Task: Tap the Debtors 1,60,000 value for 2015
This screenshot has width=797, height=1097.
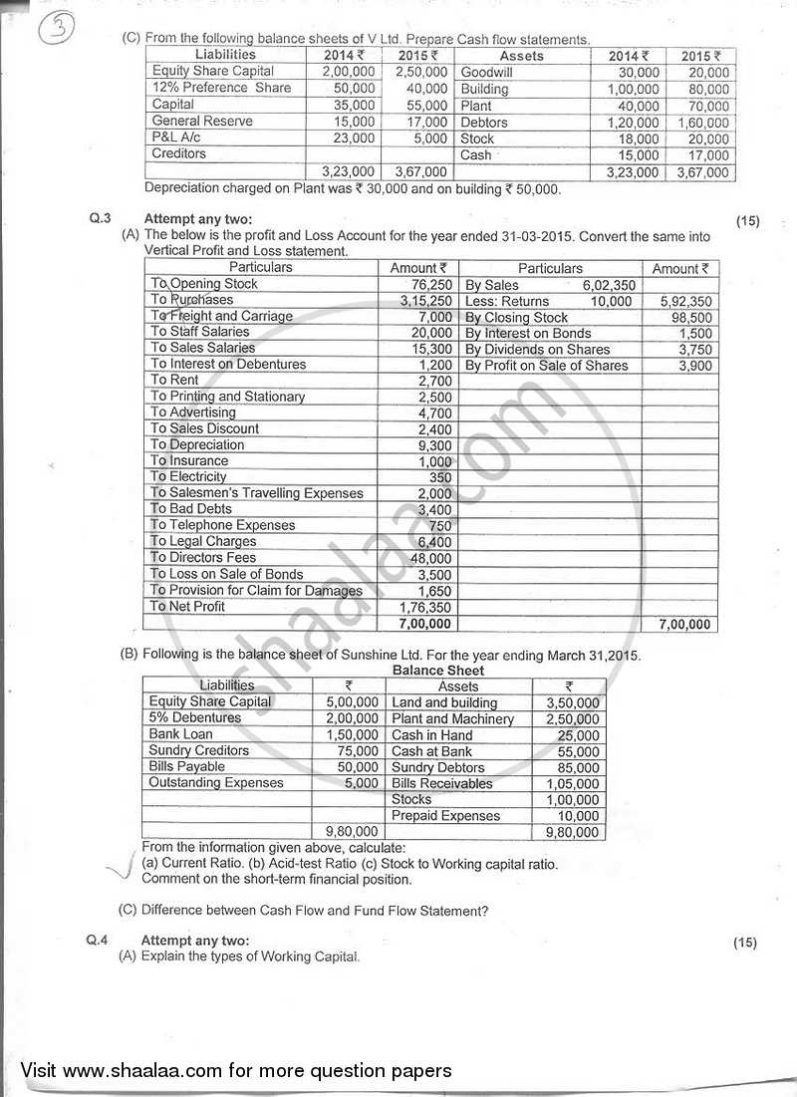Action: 704,123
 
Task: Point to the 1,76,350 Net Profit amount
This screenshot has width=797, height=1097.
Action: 424,607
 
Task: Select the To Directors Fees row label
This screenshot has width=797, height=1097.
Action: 202,558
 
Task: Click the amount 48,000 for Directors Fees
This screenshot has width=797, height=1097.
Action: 431,559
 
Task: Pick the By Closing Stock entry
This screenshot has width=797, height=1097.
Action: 516,317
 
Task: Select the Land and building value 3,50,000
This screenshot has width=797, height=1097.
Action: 572,702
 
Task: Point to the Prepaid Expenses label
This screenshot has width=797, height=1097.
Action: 445,816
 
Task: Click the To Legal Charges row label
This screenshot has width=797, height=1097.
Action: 202,542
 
